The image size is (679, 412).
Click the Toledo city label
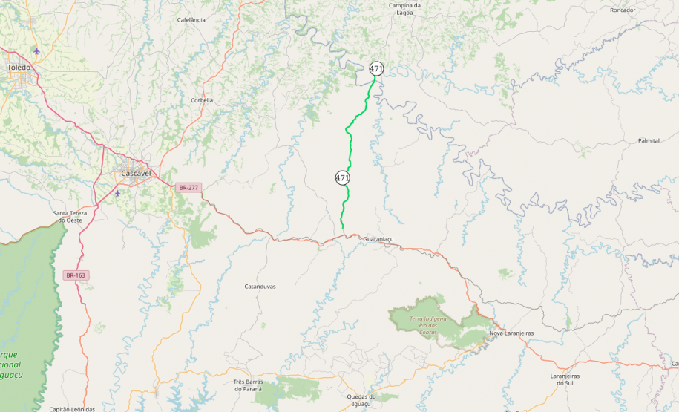click(x=19, y=67)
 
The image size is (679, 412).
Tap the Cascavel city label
click(x=136, y=173)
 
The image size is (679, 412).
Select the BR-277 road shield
click(x=188, y=188)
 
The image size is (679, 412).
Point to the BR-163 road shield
click(x=76, y=275)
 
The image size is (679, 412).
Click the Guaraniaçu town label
click(x=378, y=239)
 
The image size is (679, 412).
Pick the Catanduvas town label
click(x=260, y=286)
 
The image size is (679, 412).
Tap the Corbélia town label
click(x=202, y=100)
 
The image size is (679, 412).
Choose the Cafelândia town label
click(x=191, y=20)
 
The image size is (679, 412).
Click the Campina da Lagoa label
click(x=405, y=8)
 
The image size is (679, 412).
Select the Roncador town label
click(x=622, y=10)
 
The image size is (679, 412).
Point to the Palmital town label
click(x=649, y=140)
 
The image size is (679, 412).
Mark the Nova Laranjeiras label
click(x=511, y=333)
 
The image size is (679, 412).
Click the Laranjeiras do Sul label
click(x=566, y=379)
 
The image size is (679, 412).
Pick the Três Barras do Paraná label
click(x=249, y=385)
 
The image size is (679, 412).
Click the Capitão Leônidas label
click(x=72, y=409)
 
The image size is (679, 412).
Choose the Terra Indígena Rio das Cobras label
click(x=430, y=324)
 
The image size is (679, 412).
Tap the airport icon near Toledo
click(x=37, y=50)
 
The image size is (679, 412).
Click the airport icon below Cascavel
click(x=118, y=193)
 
